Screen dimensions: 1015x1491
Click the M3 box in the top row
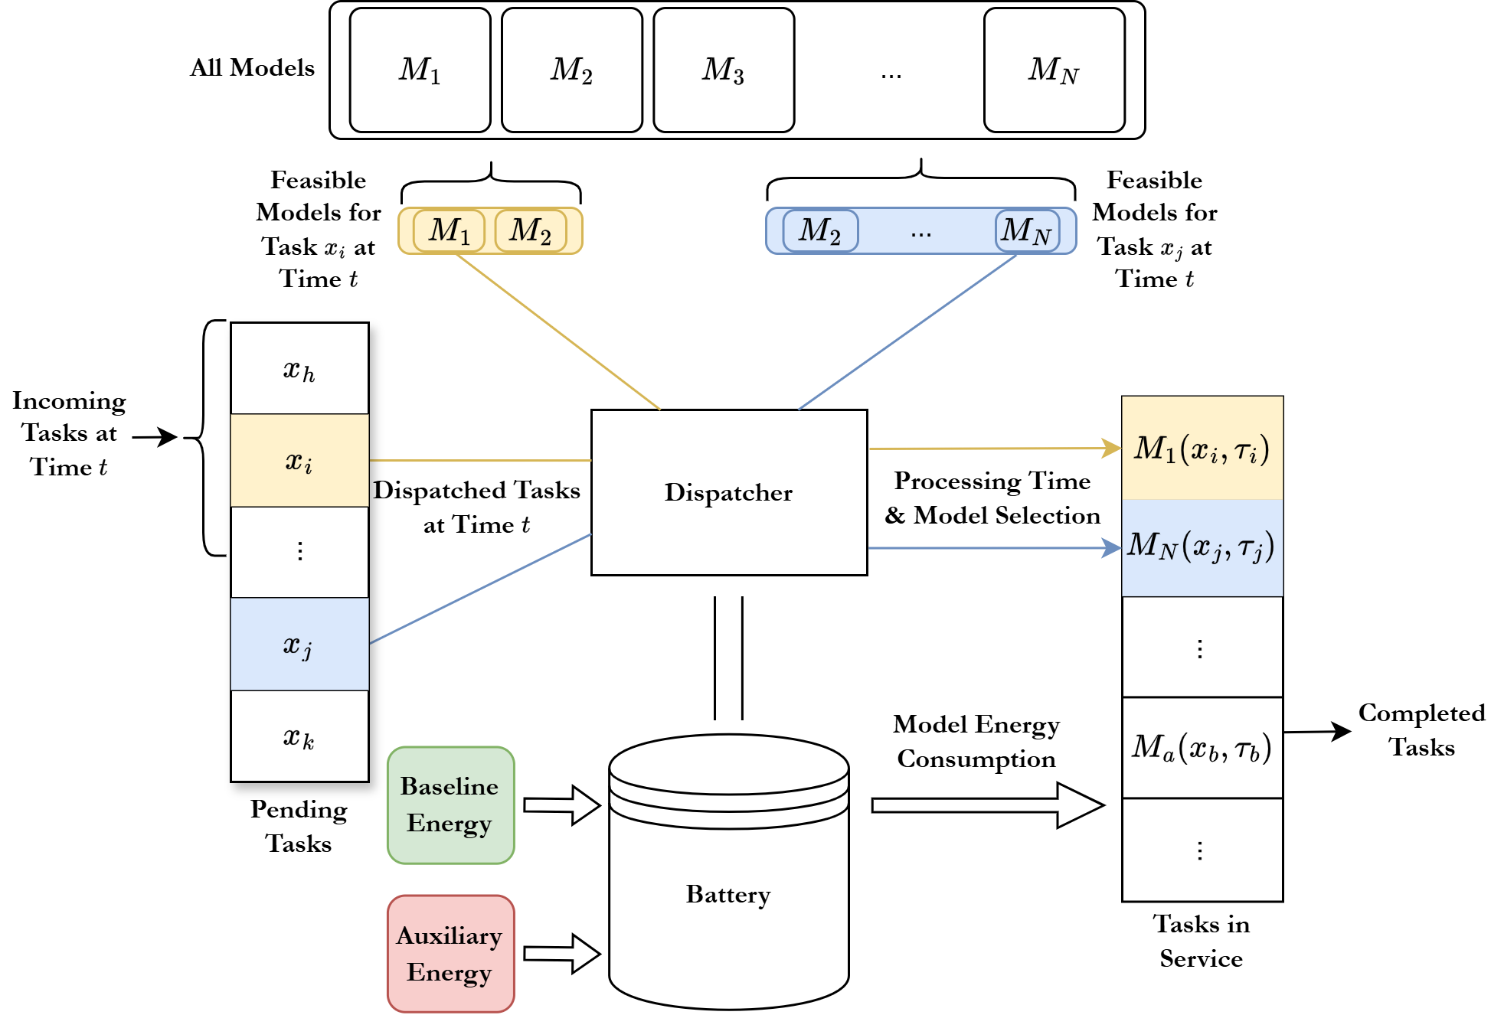pyautogui.click(x=724, y=70)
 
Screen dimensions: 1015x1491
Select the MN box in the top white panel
pyautogui.click(x=1054, y=70)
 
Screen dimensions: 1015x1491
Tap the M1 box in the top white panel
pyautogui.click(x=420, y=70)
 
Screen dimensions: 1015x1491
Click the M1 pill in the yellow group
pyautogui.click(x=449, y=230)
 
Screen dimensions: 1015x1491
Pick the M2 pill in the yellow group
pyautogui.click(x=531, y=230)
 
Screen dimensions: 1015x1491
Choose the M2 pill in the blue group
pyautogui.click(x=820, y=230)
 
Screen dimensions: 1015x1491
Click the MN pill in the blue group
pyautogui.click(x=1027, y=230)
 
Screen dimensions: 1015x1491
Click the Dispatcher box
pyautogui.click(x=729, y=492)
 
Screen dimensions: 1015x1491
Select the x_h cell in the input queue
pyautogui.click(x=299, y=369)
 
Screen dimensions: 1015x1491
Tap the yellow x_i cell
pyautogui.click(x=299, y=461)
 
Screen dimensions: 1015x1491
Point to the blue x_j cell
pyautogui.click(x=299, y=644)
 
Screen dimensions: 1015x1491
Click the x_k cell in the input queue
pyautogui.click(x=299, y=736)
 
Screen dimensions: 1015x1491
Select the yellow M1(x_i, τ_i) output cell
pyautogui.click(x=1202, y=449)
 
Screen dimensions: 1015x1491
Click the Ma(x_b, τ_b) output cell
pyautogui.click(x=1202, y=747)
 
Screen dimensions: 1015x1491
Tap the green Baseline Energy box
pyautogui.click(x=450, y=805)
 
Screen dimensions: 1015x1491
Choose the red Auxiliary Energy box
pyautogui.click(x=450, y=954)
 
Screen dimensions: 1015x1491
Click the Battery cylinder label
pyautogui.click(x=728, y=894)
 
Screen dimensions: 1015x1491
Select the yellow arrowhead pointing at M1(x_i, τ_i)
pyautogui.click(x=1111, y=448)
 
